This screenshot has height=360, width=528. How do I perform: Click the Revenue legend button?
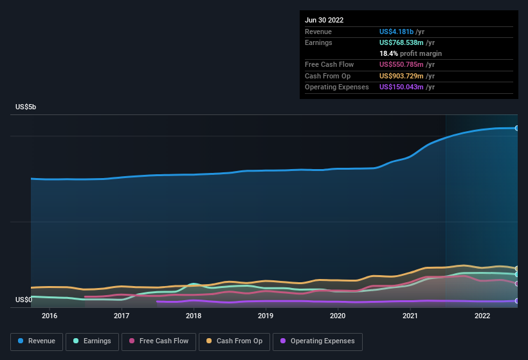coord(37,341)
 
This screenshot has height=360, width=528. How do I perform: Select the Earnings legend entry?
coord(92,341)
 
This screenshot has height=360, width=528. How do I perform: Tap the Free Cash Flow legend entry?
coord(159,341)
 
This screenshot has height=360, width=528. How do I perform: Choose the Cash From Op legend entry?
coord(235,341)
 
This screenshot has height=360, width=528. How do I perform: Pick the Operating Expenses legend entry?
coord(318,341)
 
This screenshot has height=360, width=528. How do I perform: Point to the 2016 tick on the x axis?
coord(50,316)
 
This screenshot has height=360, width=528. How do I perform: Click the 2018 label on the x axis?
coord(194,316)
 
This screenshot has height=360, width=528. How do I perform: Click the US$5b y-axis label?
coord(26,107)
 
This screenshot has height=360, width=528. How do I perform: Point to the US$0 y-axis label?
coord(24,300)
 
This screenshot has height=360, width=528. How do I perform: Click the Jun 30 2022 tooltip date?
coord(324,20)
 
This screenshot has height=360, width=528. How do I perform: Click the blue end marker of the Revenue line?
coord(516,129)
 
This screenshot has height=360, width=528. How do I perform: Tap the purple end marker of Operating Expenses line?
coord(516,301)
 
